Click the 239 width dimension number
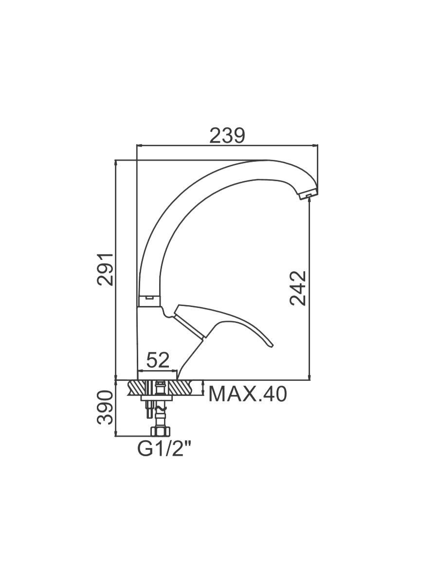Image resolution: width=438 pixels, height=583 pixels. [x=227, y=136]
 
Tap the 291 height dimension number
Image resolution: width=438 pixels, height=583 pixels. [x=105, y=270]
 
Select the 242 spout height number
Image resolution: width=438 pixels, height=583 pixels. [x=298, y=288]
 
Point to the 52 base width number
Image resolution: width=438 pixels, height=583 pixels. [x=158, y=360]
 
